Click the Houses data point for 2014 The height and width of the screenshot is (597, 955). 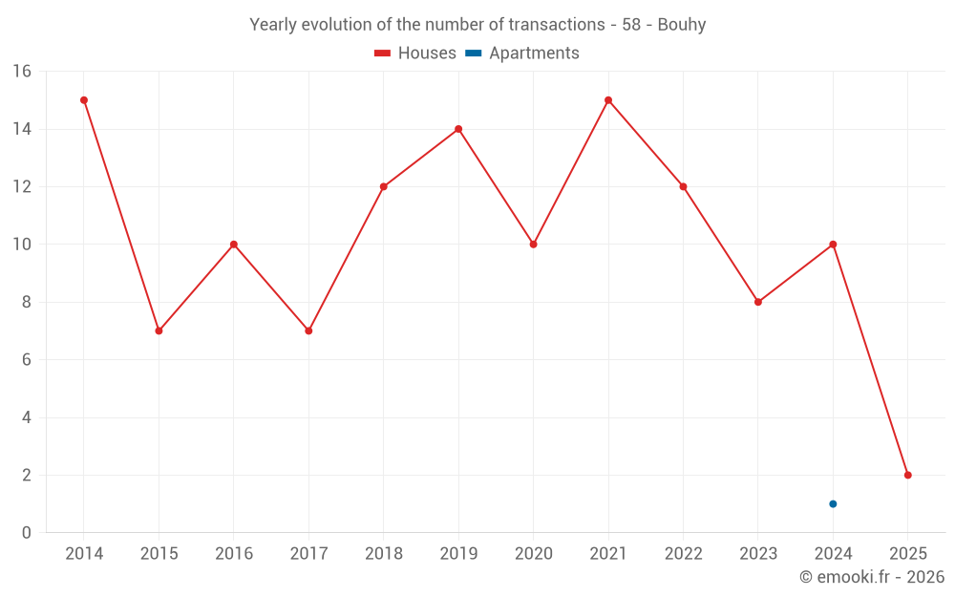[x=84, y=100]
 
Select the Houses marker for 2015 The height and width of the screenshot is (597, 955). [x=159, y=330]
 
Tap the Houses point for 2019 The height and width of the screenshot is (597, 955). [x=458, y=129]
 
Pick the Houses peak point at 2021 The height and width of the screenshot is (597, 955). [x=608, y=100]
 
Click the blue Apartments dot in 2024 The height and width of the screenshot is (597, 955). [x=833, y=503]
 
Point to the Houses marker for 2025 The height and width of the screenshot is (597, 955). [x=907, y=475]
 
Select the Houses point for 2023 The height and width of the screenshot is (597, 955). [x=758, y=302]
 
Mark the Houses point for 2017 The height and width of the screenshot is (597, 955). [x=308, y=330]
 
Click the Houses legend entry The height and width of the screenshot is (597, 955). [x=415, y=53]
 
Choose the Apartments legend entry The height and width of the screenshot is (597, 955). [x=522, y=53]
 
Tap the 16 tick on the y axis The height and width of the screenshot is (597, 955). [x=21, y=72]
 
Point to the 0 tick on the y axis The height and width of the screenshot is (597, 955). [x=26, y=532]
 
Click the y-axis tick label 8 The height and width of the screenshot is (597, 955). [x=26, y=302]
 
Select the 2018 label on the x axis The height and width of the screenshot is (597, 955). [x=383, y=554]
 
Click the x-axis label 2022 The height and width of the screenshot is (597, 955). [x=683, y=554]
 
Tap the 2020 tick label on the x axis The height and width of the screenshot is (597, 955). [x=533, y=554]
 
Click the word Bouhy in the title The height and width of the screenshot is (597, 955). [x=682, y=25]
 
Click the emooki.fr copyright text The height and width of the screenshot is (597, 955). [x=871, y=577]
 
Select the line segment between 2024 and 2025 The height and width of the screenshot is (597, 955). [x=870, y=359]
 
